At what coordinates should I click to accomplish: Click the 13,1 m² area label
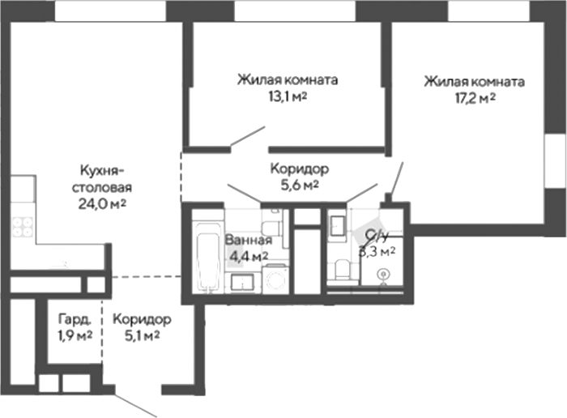[287, 96]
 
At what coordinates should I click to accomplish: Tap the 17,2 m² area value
[475, 98]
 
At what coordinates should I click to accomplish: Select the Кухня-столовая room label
[100, 177]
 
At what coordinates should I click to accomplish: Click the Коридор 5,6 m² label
[299, 177]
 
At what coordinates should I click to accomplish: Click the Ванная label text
[248, 240]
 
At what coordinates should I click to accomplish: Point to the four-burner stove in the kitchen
[22, 224]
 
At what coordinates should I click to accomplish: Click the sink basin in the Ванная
[242, 282]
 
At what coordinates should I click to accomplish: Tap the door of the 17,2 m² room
[396, 178]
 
